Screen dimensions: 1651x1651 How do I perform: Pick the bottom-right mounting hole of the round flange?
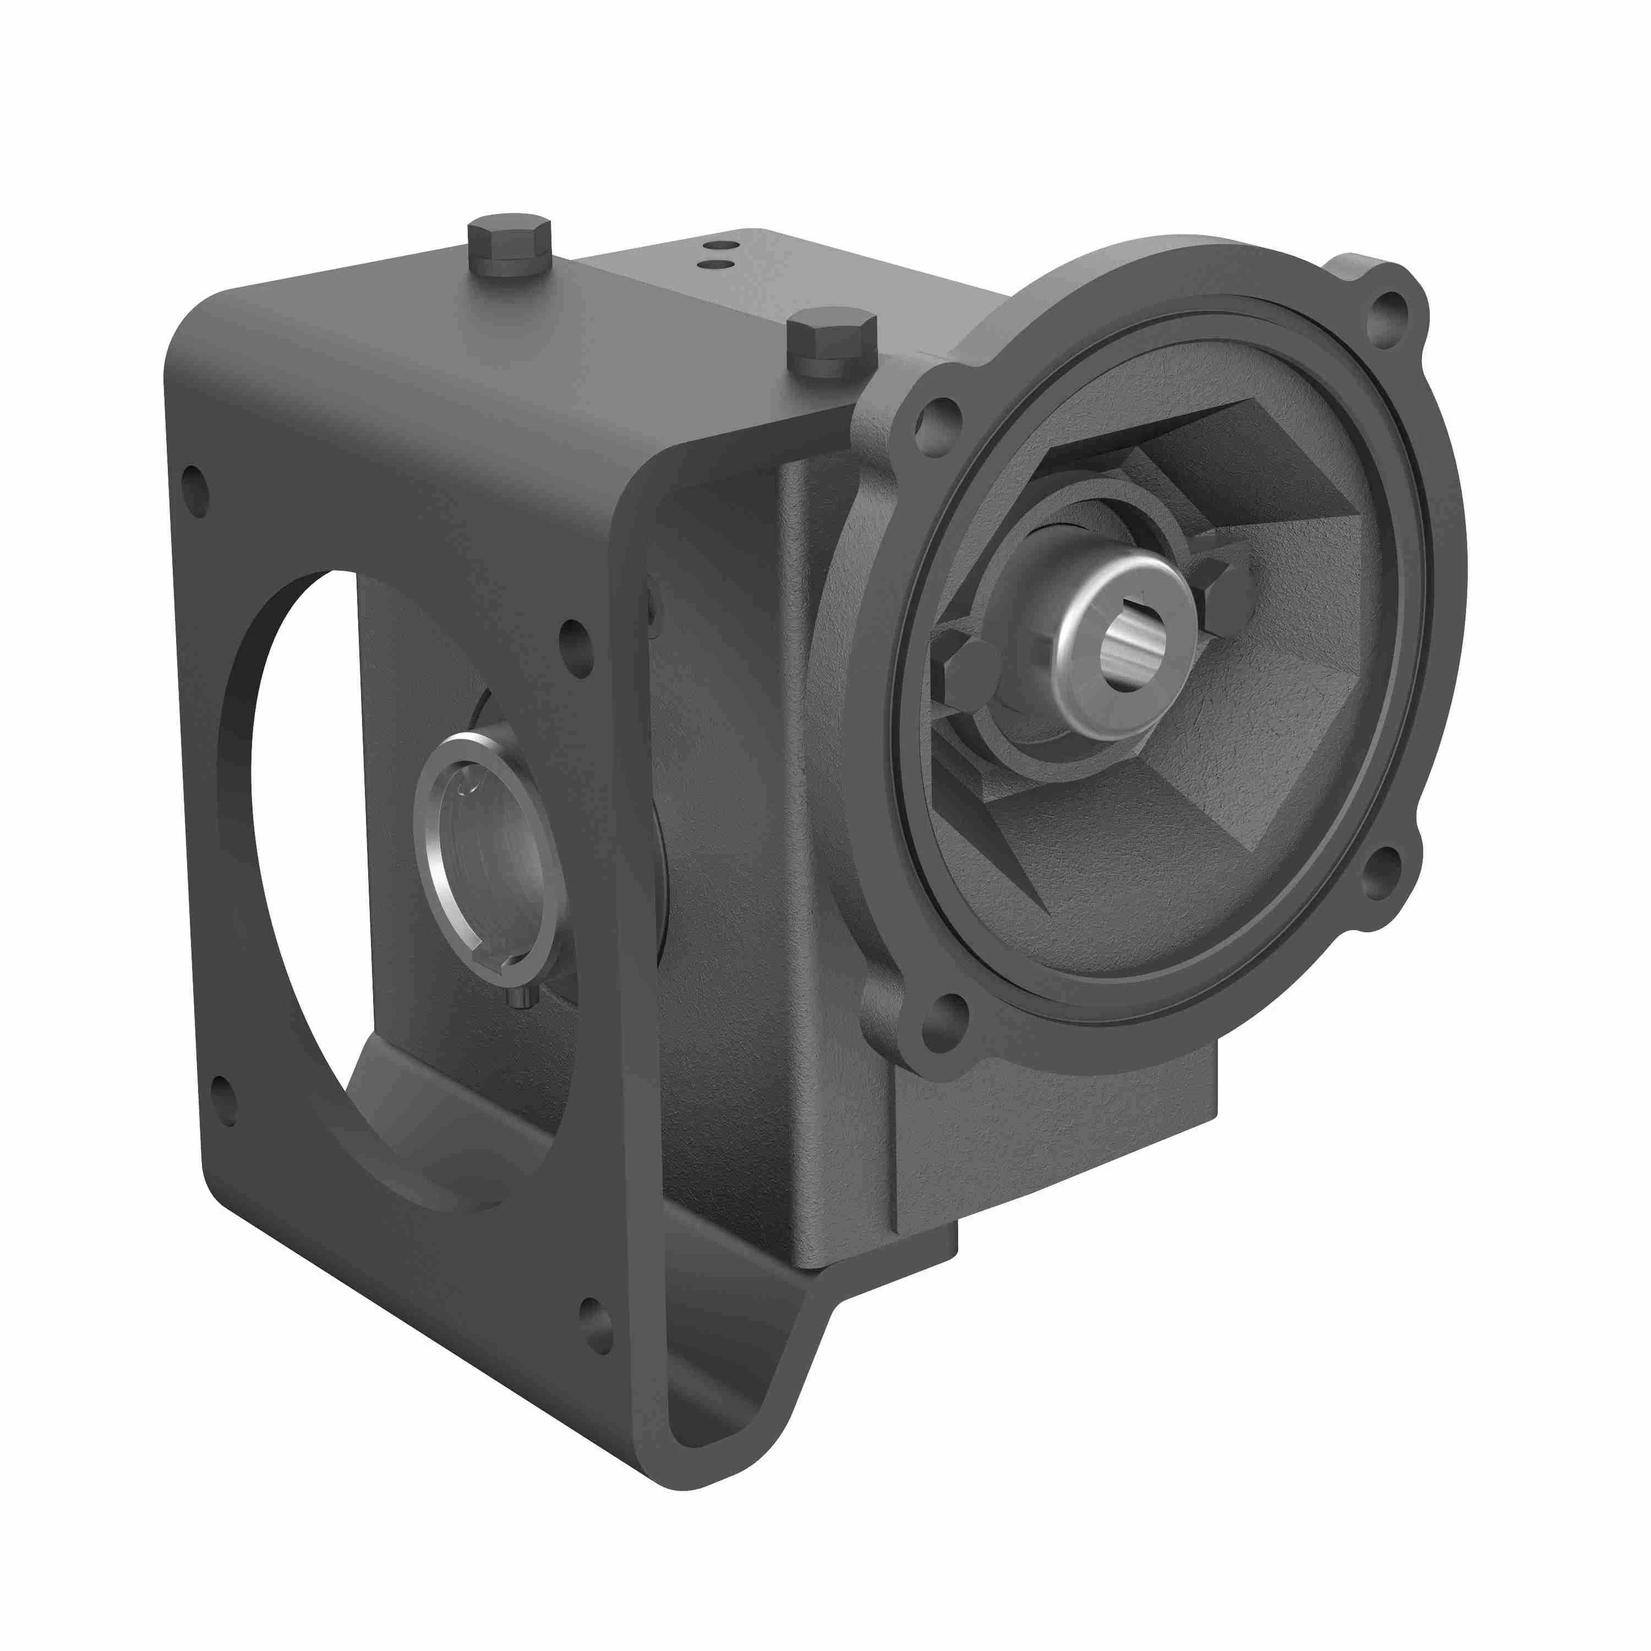(x=1377, y=872)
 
